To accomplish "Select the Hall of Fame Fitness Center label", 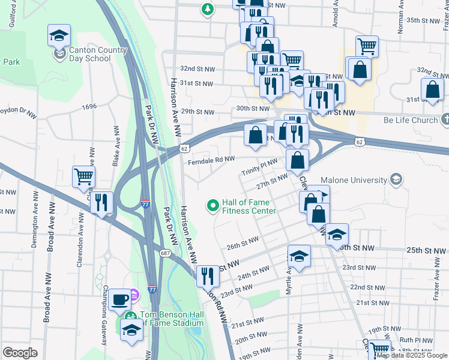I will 249,206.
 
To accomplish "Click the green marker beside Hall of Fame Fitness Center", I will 212,206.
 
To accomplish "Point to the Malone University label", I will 354,179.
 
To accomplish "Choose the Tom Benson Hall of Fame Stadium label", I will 172,319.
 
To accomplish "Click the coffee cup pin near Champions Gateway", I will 119,298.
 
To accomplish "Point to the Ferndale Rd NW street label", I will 210,160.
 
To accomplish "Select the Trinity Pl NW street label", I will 259,166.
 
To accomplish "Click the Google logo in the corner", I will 20,353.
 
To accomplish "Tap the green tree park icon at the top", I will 207,9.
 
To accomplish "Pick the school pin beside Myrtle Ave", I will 299,257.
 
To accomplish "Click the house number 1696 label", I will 89,106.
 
